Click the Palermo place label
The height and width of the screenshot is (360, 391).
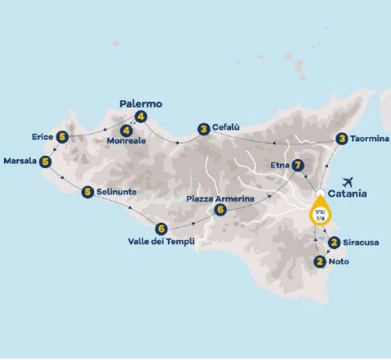140,104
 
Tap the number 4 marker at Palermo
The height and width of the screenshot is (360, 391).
141,117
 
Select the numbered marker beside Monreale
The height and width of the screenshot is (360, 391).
126,130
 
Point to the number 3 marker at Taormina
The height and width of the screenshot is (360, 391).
341,139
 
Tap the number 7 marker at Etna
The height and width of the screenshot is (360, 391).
299,164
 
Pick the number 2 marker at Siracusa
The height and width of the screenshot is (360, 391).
334,242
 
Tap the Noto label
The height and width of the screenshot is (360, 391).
339,262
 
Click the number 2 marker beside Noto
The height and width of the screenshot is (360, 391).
318,261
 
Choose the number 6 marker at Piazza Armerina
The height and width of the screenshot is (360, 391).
220,210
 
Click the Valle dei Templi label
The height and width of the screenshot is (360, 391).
161,242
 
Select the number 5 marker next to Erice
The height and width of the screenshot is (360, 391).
62,136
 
